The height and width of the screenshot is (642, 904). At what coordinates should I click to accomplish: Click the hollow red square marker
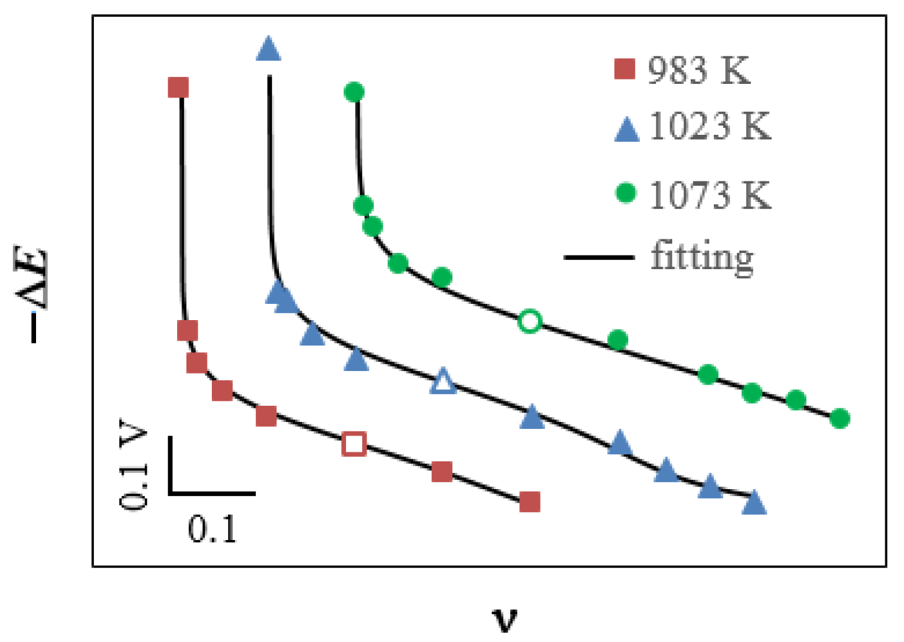point(354,444)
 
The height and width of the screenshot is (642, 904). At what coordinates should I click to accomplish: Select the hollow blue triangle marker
point(443,382)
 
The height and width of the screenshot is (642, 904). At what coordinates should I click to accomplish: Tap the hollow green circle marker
point(529,321)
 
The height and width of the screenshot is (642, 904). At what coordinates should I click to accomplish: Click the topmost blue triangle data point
point(268,49)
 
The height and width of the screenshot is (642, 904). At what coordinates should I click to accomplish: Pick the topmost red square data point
point(178,88)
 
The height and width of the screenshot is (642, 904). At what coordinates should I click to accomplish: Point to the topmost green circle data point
point(354,93)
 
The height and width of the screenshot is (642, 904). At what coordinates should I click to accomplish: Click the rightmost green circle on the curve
point(839,418)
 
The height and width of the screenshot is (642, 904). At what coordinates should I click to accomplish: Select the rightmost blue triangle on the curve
point(754,502)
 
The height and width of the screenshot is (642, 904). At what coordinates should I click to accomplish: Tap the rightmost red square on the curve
point(530,501)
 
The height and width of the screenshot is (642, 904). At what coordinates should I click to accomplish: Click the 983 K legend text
point(698,70)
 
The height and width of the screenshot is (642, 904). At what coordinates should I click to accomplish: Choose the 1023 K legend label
point(710,126)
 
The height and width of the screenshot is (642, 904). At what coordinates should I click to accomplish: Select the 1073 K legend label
point(710,195)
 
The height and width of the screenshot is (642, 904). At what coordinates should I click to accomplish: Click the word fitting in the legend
point(702,257)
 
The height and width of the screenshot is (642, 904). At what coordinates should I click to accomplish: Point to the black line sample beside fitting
point(599,257)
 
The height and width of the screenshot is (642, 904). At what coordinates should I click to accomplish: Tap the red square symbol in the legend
point(624,69)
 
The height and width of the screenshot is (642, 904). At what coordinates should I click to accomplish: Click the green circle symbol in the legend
point(626,193)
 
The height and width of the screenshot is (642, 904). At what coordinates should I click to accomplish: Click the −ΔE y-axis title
point(31,295)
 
